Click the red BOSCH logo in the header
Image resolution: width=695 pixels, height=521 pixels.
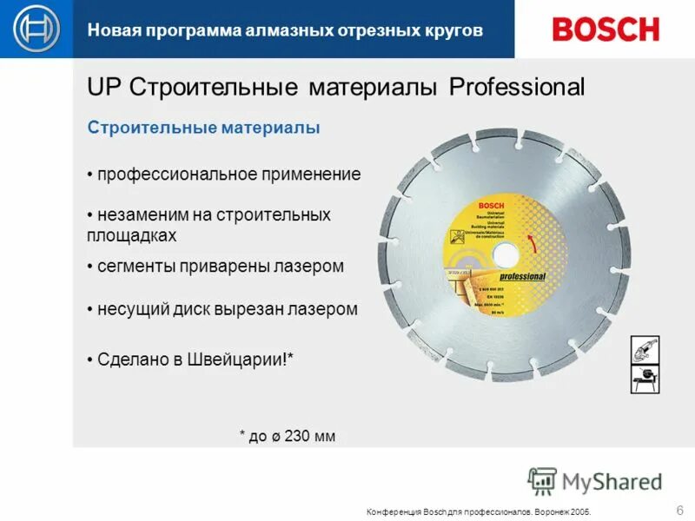606,29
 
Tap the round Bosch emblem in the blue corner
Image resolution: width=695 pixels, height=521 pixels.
36,29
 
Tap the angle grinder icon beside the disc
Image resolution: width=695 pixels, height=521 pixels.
645,350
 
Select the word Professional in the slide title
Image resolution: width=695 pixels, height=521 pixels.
517,87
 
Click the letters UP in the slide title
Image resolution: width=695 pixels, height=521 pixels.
103,87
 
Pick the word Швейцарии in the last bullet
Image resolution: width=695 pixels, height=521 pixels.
244,359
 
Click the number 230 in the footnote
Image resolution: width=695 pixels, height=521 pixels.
297,436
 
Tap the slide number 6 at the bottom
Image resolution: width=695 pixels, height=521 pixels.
678,509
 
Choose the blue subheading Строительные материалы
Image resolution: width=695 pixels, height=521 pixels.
204,129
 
